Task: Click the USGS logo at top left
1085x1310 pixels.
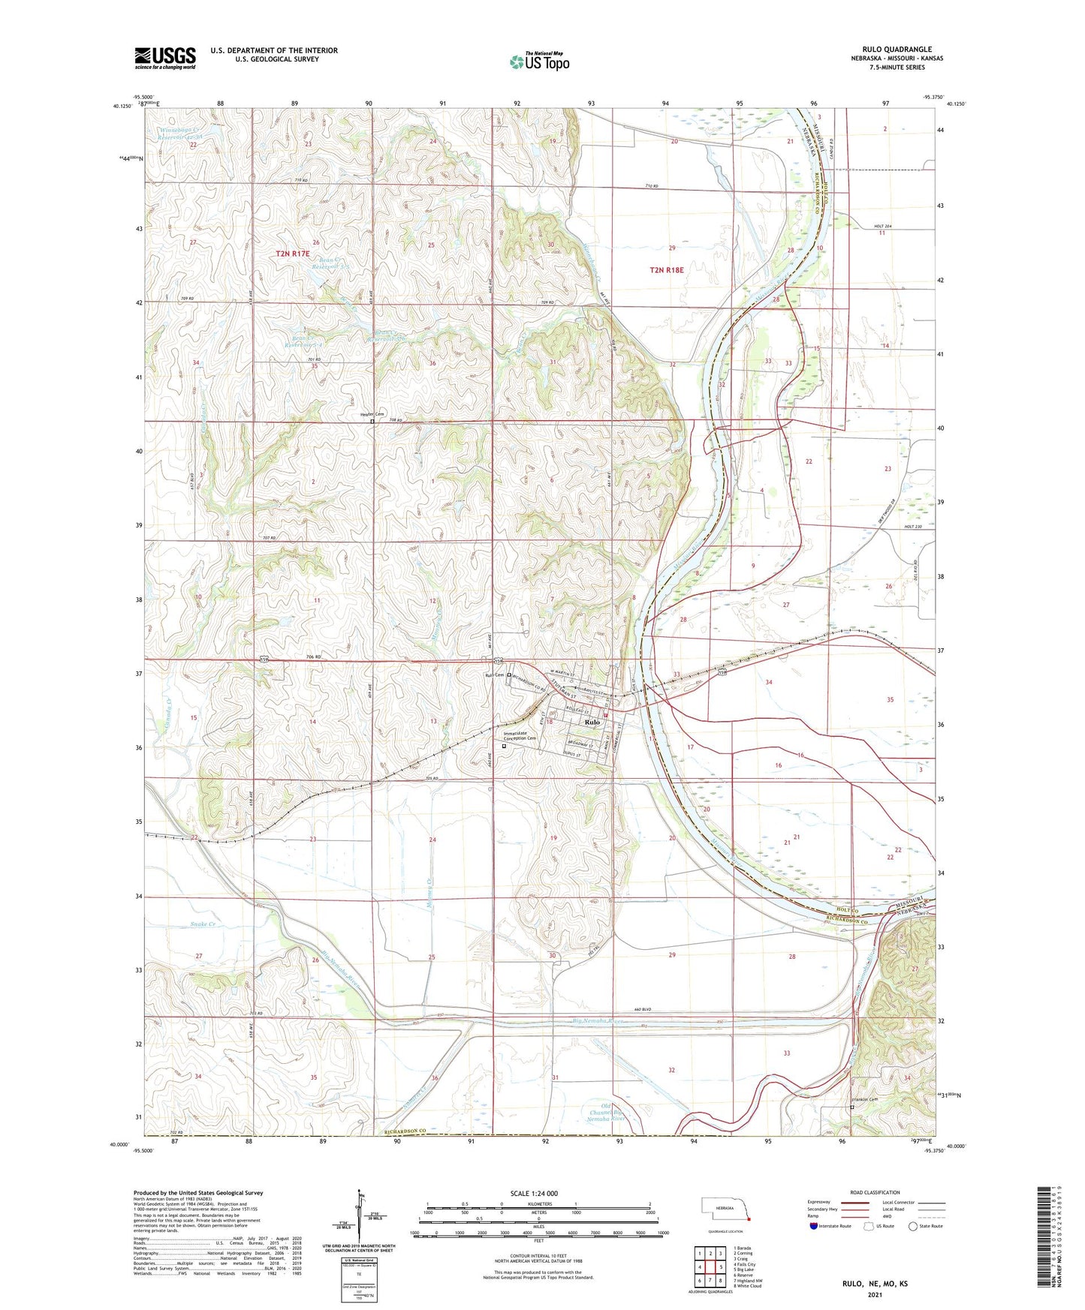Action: point(165,58)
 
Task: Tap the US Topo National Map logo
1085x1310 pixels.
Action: point(538,62)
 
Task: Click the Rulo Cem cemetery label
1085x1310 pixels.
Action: point(493,675)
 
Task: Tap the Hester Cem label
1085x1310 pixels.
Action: point(372,414)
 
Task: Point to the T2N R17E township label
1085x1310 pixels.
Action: point(292,254)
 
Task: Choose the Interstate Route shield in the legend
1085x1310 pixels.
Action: point(815,1227)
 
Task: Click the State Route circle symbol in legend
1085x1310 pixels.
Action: point(912,1227)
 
